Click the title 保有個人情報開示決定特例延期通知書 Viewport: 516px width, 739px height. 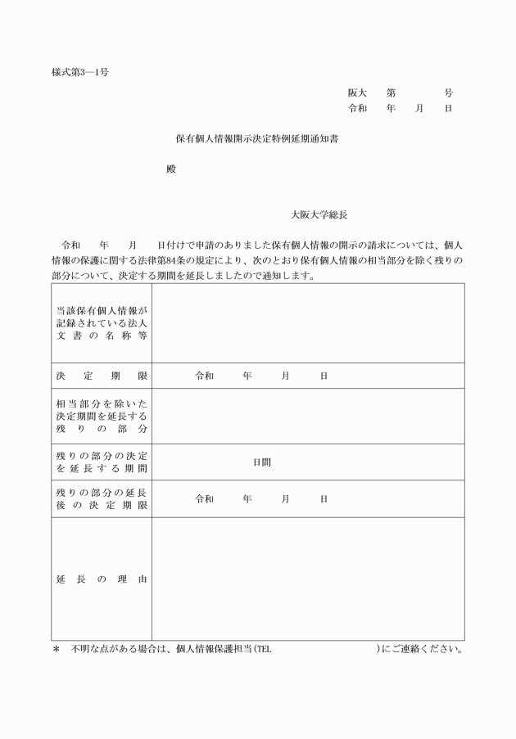[258, 139]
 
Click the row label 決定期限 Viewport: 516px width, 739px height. [102, 376]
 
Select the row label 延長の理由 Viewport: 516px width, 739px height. [102, 579]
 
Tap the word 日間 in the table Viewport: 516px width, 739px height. [262, 462]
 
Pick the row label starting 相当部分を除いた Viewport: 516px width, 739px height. [102, 416]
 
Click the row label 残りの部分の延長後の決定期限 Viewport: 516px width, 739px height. [102, 499]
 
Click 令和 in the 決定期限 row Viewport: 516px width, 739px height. [204, 376]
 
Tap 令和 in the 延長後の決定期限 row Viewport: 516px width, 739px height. [204, 499]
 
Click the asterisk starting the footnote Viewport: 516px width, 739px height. [57, 651]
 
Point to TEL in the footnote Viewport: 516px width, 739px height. [264, 651]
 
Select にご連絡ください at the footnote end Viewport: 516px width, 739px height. [423, 651]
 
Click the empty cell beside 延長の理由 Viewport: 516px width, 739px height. [308, 579]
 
